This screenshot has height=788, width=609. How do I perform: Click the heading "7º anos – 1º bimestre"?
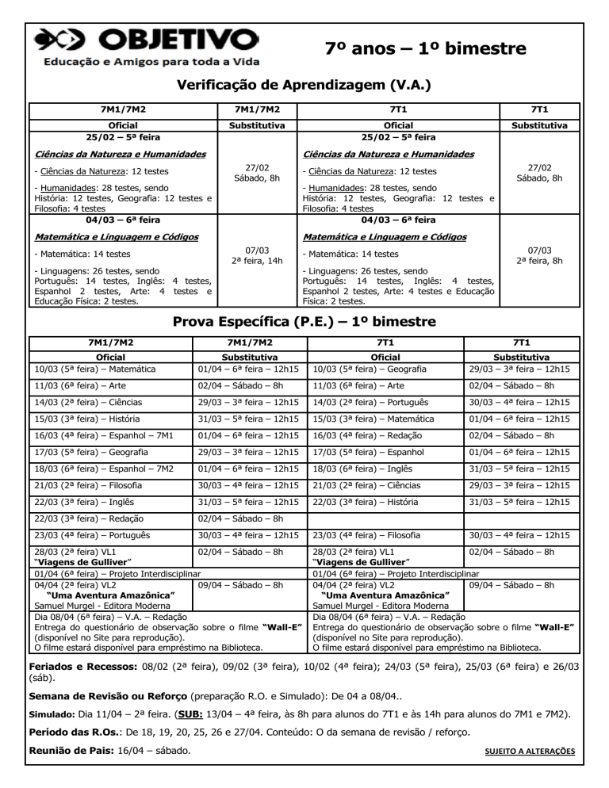coord(426,49)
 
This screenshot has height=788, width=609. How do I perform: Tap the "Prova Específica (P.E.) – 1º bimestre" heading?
coord(304,323)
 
